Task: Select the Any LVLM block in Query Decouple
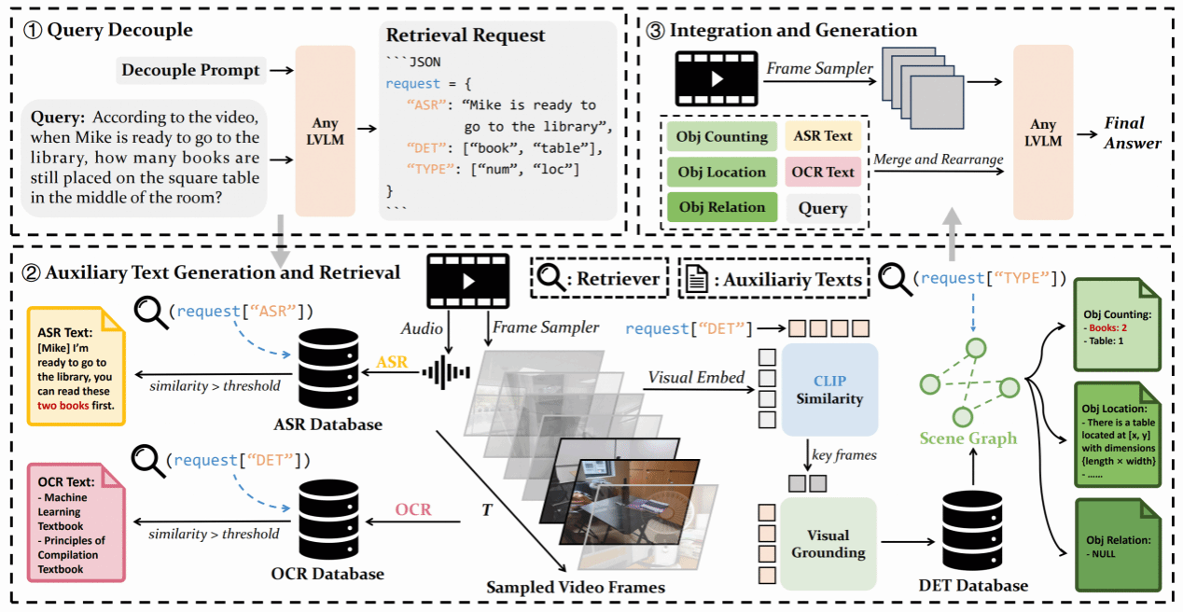[325, 131]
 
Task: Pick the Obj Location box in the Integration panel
[722, 172]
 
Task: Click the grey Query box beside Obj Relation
[823, 207]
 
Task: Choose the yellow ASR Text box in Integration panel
[822, 136]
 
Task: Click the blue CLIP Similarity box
[829, 389]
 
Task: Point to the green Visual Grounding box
[828, 544]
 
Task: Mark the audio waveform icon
[444, 371]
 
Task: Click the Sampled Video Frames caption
[576, 587]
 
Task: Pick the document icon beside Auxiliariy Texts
[694, 278]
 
